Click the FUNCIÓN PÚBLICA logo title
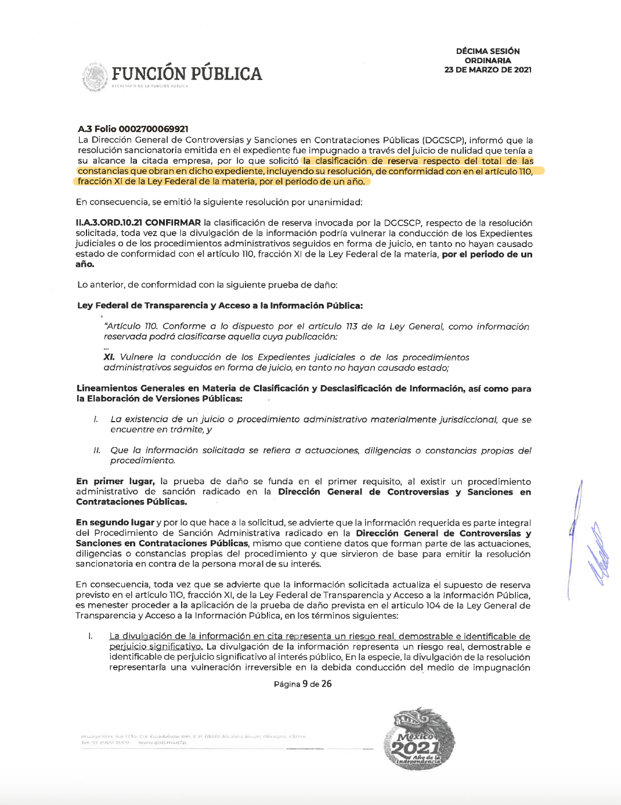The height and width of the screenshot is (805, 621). point(186,74)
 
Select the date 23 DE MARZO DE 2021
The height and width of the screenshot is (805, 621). point(488,70)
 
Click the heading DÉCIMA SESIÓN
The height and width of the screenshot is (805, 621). point(488,51)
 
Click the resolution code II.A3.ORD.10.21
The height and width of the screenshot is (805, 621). point(109,223)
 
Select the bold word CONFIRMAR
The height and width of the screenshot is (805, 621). point(173,223)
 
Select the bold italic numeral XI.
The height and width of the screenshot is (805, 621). point(109,357)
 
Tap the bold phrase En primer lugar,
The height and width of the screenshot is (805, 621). point(115,481)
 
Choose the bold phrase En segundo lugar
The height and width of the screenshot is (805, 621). point(115,523)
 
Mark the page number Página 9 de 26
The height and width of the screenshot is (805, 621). point(302,684)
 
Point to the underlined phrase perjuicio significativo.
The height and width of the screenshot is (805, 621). point(156,647)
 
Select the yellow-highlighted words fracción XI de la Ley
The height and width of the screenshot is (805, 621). point(116,182)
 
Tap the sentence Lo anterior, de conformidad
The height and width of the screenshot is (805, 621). point(207,285)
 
